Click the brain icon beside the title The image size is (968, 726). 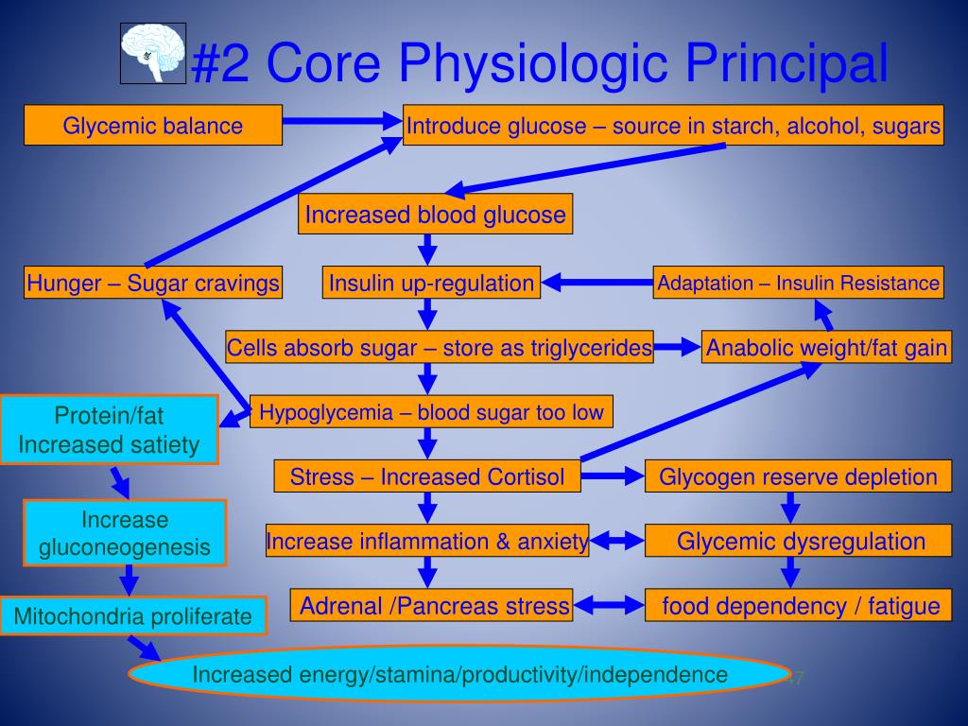pyautogui.click(x=153, y=53)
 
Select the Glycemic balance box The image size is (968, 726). pyautogui.click(x=153, y=125)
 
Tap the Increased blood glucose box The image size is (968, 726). pyautogui.click(x=436, y=215)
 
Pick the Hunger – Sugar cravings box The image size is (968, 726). pyautogui.click(x=153, y=283)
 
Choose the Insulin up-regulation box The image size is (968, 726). pyautogui.click(x=431, y=283)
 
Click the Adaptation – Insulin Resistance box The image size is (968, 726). pyautogui.click(x=799, y=283)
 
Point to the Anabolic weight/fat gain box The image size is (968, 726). pyautogui.click(x=826, y=348)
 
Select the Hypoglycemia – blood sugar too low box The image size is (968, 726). pyautogui.click(x=431, y=412)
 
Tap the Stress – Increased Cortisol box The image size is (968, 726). pyautogui.click(x=427, y=476)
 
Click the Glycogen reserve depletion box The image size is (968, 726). pyautogui.click(x=798, y=476)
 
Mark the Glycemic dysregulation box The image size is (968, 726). pyautogui.click(x=800, y=542)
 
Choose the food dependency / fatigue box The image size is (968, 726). pyautogui.click(x=800, y=606)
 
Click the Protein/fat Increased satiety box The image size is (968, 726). pyautogui.click(x=110, y=430)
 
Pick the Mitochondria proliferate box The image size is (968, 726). pyautogui.click(x=133, y=617)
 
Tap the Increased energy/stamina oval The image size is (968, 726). pyautogui.click(x=459, y=674)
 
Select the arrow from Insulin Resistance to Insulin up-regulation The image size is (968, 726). pyautogui.click(x=597, y=282)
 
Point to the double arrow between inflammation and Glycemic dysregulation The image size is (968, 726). pyautogui.click(x=617, y=542)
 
